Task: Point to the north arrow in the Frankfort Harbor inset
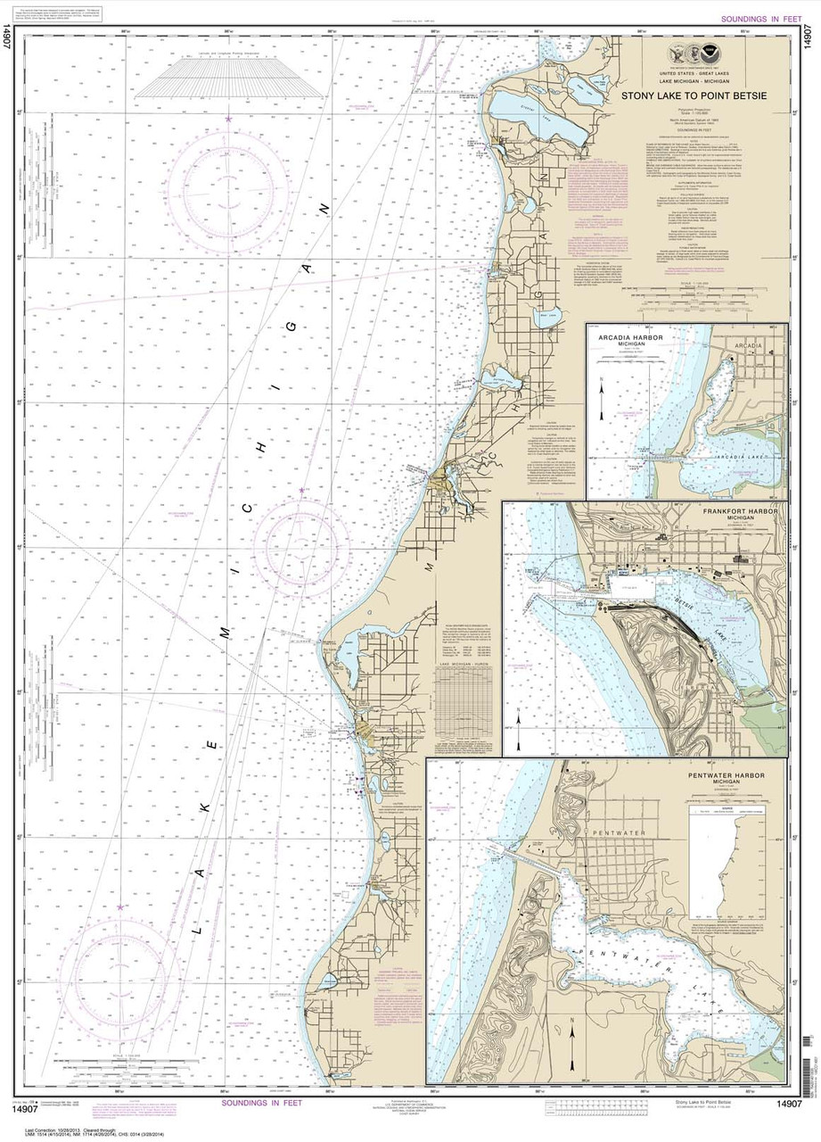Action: [x=516, y=715]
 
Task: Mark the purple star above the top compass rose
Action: [x=229, y=119]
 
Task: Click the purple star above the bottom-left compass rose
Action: [x=120, y=907]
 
